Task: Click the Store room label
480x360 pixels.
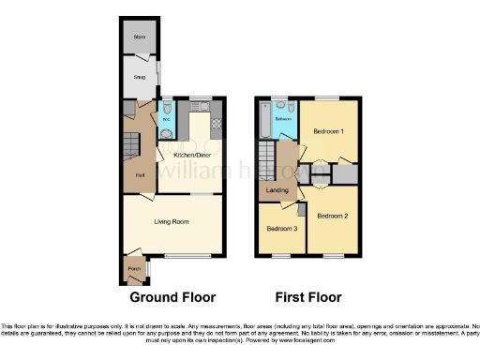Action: (x=139, y=37)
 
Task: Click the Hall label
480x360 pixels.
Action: (x=139, y=175)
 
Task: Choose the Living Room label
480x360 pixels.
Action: (x=172, y=221)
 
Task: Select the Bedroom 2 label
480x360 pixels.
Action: (x=332, y=216)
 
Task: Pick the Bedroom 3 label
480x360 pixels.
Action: (x=281, y=229)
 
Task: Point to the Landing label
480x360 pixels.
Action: (x=277, y=191)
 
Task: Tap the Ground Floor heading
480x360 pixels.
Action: (x=171, y=298)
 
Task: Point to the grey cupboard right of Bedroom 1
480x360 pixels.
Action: (x=346, y=173)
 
